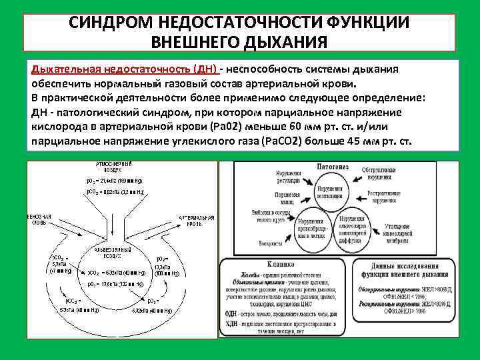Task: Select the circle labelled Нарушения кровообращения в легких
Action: (x=312, y=228)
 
